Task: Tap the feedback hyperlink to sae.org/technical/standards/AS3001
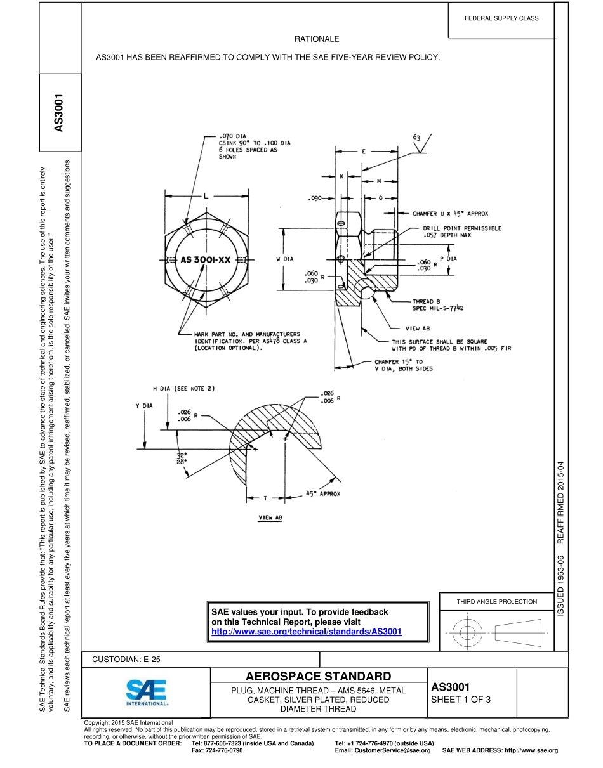tap(306, 632)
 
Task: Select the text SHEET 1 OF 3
tap(461, 700)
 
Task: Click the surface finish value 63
tap(417, 137)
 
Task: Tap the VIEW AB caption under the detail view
tap(270, 517)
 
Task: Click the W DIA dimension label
tap(285, 259)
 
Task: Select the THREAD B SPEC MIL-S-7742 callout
tap(438, 305)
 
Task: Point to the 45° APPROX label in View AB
tap(323, 493)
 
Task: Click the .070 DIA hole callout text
tap(233, 136)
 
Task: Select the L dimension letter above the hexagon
tap(206, 196)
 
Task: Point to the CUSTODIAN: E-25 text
tap(126, 660)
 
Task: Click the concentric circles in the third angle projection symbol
tap(467, 632)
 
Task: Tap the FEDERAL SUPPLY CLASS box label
tap(501, 18)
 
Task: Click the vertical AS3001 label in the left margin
tap(59, 114)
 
